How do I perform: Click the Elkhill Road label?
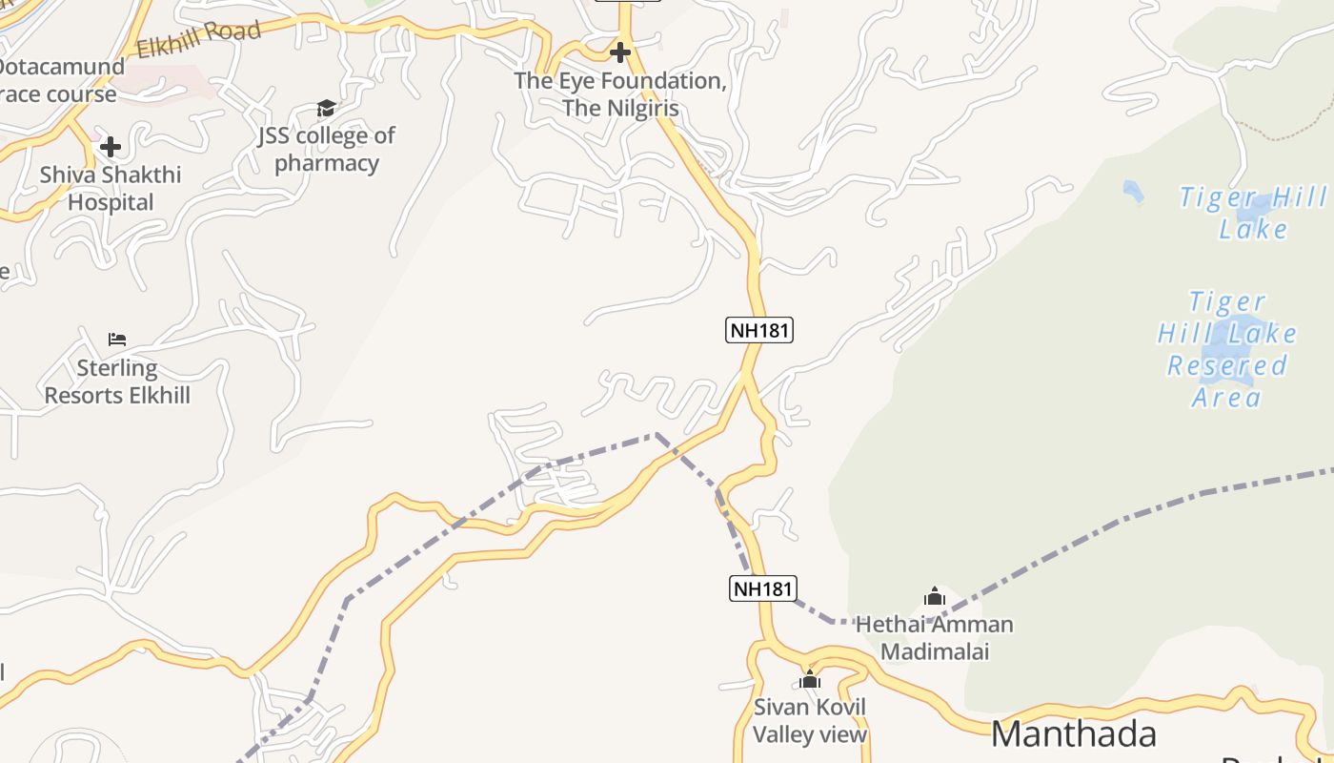click(x=198, y=39)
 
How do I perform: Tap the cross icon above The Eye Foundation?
click(x=620, y=52)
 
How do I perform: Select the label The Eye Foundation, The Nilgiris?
click(x=620, y=94)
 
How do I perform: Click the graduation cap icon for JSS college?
click(x=326, y=108)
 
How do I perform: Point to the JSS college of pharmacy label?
click(x=327, y=149)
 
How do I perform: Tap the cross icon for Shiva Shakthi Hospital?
click(x=111, y=147)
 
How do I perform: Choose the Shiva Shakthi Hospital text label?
click(x=111, y=188)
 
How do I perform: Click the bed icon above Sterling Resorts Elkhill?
click(x=117, y=340)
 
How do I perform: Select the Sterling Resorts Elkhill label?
click(x=117, y=381)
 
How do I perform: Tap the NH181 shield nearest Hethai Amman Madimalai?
click(x=763, y=588)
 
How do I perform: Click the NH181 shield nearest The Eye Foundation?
click(x=759, y=330)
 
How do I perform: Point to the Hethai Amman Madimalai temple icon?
click(x=935, y=597)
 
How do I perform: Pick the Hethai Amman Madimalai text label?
click(x=935, y=638)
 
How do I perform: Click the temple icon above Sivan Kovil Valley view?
click(x=810, y=680)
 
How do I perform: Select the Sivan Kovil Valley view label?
click(x=810, y=720)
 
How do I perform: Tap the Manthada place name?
click(x=1074, y=733)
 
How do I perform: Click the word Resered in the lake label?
click(x=1227, y=365)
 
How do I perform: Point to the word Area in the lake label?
click(x=1226, y=397)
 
